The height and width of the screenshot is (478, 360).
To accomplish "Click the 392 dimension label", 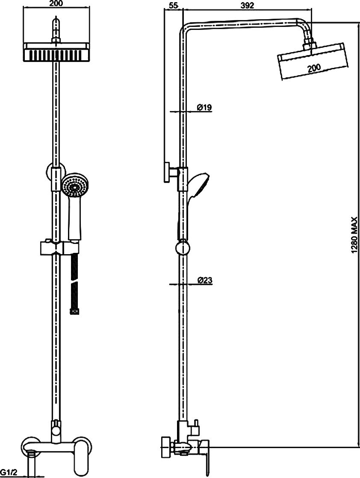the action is coord(247,6).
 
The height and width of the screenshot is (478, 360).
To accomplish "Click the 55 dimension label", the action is coord(173,6).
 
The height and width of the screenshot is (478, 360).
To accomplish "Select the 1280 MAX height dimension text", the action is coord(354,235).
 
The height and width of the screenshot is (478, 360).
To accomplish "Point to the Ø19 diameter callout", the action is coord(204,107).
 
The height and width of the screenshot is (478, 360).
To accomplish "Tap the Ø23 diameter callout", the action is coord(205,280).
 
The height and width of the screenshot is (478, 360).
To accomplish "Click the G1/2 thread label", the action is coord(8,472).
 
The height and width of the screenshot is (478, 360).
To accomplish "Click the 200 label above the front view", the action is coord(56,4).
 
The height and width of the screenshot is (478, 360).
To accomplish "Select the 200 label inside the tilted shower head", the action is coord(314,67).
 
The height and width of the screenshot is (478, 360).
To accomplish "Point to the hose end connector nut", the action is coord(75,311).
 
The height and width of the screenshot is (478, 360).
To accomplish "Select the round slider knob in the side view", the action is coord(183,247).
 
